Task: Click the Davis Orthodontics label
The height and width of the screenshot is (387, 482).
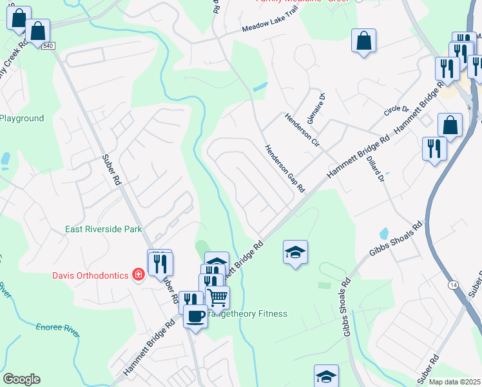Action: (91, 275)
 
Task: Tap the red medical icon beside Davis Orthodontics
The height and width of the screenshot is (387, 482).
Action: (138, 275)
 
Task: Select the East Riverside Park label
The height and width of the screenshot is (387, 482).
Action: (103, 229)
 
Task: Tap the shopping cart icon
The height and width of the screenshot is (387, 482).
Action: (218, 297)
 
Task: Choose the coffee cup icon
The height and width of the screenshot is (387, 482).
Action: (195, 315)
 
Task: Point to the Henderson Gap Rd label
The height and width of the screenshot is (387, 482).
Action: (284, 167)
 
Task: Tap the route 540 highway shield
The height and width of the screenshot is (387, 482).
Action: (49, 46)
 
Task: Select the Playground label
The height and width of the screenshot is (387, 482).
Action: (22, 118)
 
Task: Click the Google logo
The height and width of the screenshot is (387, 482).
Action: (21, 379)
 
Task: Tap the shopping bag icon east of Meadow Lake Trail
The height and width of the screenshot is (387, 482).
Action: (363, 41)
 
